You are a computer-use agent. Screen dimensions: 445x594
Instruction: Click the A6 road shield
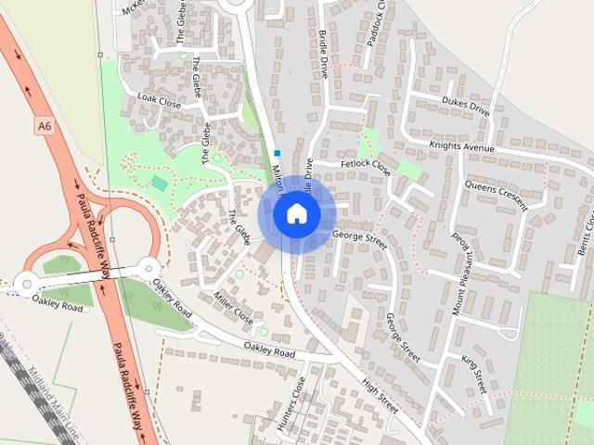pos(44,123)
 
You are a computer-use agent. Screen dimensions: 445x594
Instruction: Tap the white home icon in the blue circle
pos(296,213)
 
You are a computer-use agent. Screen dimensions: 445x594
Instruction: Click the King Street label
pos(473,370)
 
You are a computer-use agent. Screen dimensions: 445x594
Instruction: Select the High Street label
pos(381,395)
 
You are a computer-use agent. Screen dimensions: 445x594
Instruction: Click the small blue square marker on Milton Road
pos(278,153)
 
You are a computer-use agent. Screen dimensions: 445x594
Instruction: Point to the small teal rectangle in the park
pos(160,184)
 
